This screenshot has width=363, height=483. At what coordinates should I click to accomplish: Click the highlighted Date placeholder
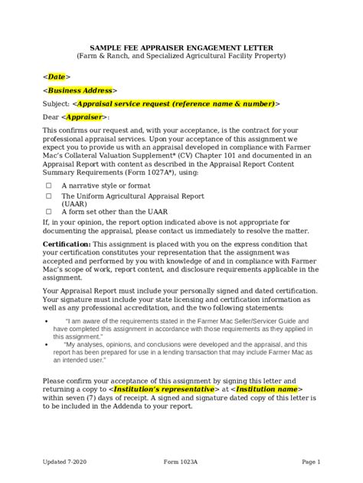[x=57, y=77]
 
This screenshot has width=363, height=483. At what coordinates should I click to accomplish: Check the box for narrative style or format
[x=49, y=186]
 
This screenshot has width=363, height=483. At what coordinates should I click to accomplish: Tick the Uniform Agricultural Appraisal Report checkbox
[x=49, y=196]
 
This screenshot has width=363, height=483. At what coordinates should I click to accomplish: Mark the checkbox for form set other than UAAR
[x=49, y=211]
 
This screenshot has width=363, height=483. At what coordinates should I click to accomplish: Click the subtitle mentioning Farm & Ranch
[x=181, y=56]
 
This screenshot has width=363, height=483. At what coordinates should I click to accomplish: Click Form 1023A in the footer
[x=182, y=462]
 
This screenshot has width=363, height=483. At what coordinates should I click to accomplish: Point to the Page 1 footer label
[x=309, y=462]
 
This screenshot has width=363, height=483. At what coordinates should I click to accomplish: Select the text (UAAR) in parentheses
[x=74, y=203]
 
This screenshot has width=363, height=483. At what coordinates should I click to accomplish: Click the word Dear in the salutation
[x=51, y=117]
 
